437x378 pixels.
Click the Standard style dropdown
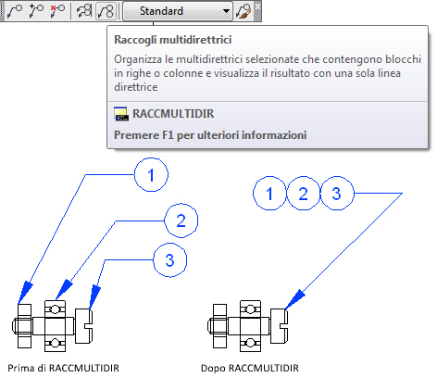coord(178,11)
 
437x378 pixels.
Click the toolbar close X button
coord(257,6)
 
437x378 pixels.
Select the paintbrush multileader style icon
coord(243,11)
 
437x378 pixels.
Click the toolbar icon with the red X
coord(57,11)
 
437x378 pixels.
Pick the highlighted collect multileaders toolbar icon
coord(106,11)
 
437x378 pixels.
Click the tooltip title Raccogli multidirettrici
coord(173,40)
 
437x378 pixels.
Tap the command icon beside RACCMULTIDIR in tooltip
coord(121,114)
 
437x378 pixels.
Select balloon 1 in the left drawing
coord(151,175)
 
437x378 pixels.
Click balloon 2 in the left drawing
coord(181,220)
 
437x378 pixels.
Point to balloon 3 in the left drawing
coord(170,260)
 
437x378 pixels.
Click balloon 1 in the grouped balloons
coord(269,194)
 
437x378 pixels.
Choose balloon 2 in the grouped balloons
coord(304,194)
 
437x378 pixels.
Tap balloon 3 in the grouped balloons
coord(337,194)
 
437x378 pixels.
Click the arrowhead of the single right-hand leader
coord(294,299)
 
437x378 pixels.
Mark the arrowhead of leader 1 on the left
coord(25,293)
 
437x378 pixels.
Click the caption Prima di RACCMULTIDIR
coord(63,368)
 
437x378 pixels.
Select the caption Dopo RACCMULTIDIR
coord(250,368)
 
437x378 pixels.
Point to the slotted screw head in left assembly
coord(84,326)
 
